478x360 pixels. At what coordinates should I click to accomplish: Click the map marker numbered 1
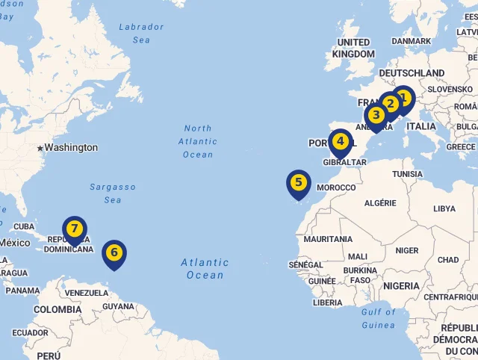(403, 98)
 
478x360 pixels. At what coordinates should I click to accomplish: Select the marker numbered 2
(389, 105)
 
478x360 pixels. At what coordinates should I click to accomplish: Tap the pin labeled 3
(376, 115)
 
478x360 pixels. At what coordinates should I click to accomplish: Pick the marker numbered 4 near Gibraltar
(340, 141)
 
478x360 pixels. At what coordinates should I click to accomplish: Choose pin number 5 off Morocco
(298, 182)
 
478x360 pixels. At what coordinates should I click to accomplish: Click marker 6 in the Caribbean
(114, 252)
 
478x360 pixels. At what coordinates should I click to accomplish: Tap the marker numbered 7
(74, 229)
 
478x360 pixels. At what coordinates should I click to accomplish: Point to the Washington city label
(70, 147)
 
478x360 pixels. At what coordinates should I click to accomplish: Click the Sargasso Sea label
(113, 193)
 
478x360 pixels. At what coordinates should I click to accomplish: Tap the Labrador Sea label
(141, 33)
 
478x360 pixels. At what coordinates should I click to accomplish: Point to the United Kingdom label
(354, 48)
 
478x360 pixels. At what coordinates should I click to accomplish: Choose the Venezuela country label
(87, 293)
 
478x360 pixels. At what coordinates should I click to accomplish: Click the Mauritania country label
(328, 239)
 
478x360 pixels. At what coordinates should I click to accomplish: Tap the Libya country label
(444, 208)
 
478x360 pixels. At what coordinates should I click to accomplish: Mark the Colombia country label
(58, 309)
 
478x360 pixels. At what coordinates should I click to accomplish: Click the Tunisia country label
(407, 174)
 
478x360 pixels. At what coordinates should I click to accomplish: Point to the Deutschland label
(412, 73)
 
